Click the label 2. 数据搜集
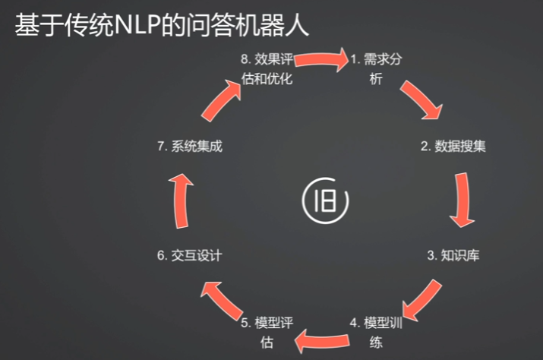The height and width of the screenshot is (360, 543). click(453, 147)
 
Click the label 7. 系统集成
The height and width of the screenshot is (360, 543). click(190, 147)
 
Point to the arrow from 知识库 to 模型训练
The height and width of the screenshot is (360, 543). click(421, 300)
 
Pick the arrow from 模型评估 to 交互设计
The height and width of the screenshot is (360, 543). click(221, 299)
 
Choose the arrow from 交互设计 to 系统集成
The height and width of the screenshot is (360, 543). click(179, 200)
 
